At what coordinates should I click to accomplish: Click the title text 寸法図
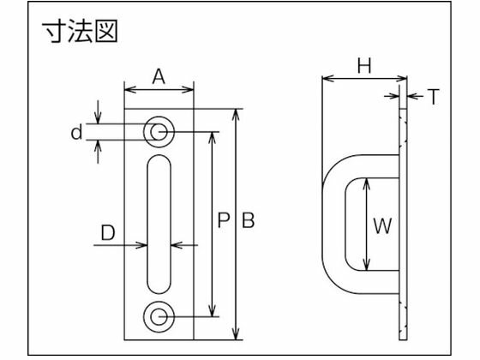coord(79,33)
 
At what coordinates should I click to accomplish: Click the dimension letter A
coord(159,75)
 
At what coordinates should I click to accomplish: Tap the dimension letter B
coord(248,221)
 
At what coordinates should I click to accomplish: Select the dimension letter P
coord(222,221)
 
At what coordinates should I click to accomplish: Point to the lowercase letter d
coord(76,132)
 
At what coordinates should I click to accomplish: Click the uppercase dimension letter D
coord(107,231)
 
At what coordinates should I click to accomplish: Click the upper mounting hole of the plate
coord(159,131)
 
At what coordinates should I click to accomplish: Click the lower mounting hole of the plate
coord(159,315)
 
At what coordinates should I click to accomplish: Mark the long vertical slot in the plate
coord(159,224)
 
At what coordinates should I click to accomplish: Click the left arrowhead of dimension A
coord(129,87)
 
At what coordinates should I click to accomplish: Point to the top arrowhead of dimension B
coord(236,112)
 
